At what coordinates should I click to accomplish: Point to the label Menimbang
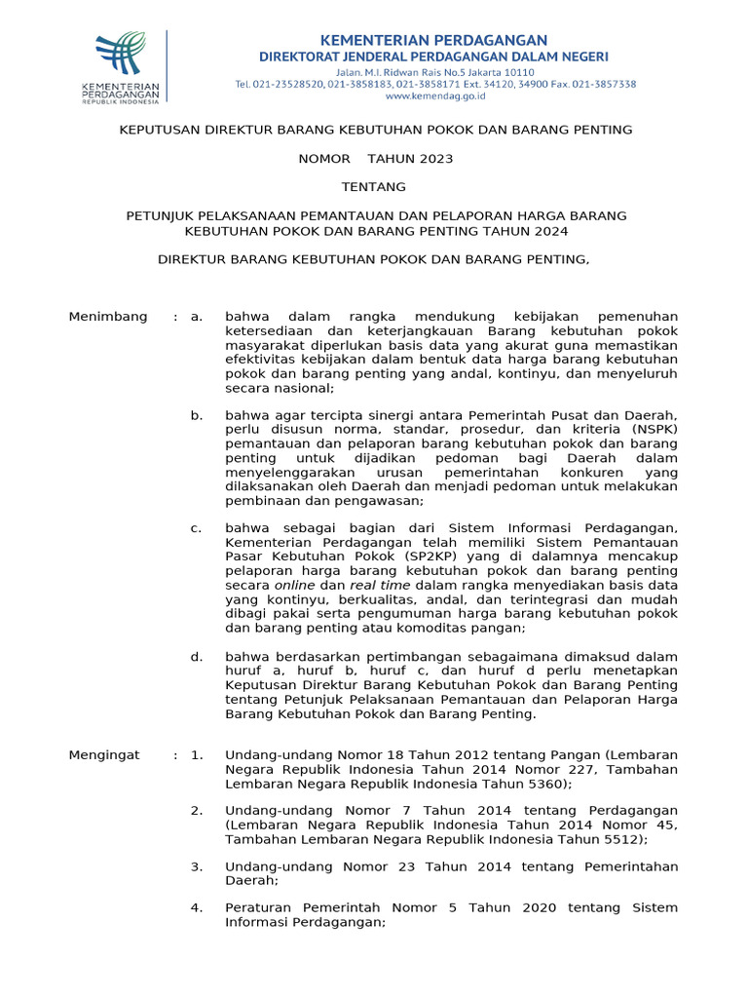coord(108,317)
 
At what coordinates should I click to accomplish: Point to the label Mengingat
coord(104,755)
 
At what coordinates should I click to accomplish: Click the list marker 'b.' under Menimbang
coord(197,416)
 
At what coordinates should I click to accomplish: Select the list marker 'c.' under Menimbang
coord(197,528)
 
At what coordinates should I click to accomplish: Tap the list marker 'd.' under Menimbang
coord(197,657)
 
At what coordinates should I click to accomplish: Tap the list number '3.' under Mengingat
coord(197,866)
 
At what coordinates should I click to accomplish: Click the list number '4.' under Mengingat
coord(197,908)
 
